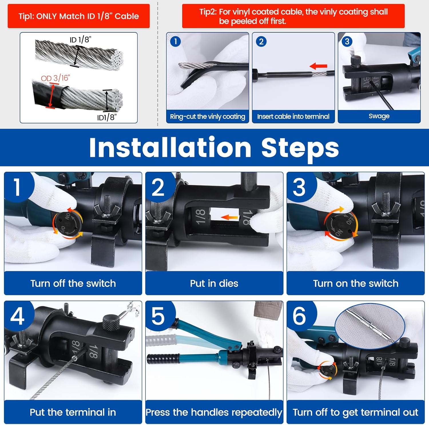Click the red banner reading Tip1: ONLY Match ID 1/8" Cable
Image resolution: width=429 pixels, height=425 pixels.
pyautogui.click(x=79, y=16)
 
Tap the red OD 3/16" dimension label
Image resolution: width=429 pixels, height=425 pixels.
pyautogui.click(x=55, y=78)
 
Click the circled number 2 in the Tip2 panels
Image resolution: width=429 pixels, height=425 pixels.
pyautogui.click(x=261, y=42)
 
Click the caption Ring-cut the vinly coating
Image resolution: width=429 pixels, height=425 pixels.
pyautogui.click(x=207, y=117)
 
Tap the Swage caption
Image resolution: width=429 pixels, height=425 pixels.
pyautogui.click(x=379, y=116)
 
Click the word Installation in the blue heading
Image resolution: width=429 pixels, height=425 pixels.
pyautogui.click(x=170, y=147)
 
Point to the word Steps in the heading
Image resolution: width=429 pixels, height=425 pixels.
pyautogui.click(x=300, y=149)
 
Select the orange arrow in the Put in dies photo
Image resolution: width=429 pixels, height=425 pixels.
pyautogui.click(x=229, y=217)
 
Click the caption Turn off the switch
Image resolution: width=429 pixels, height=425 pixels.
pyautogui.click(x=73, y=283)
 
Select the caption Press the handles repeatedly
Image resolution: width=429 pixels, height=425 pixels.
pyautogui.click(x=214, y=412)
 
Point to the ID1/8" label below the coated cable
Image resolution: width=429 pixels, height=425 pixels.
pyautogui.click(x=107, y=117)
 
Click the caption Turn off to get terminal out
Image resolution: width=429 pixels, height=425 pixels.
pyautogui.click(x=355, y=412)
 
